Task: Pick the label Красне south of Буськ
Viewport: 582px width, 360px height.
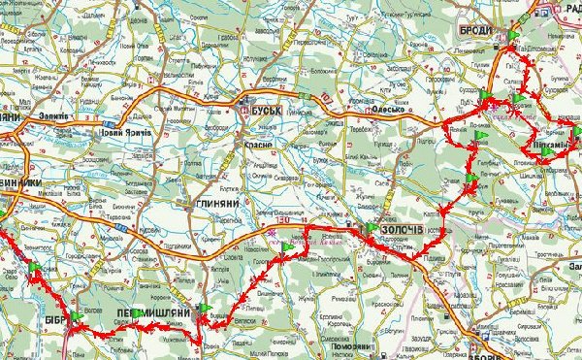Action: pos(261,143)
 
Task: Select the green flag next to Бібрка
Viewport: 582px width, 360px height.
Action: pos(74,316)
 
